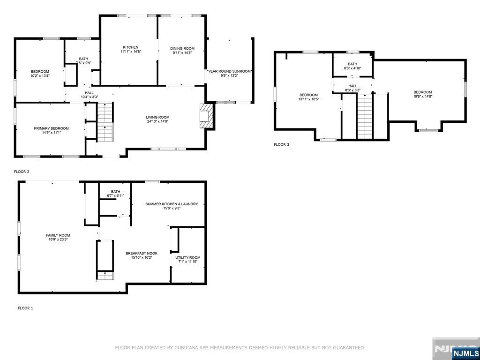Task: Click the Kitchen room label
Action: [130, 47]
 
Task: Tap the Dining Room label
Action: [182, 48]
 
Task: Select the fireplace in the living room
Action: [206, 116]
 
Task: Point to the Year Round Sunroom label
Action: [229, 71]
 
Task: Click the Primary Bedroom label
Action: [51, 128]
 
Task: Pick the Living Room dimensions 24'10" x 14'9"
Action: [157, 121]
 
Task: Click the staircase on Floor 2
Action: [105, 122]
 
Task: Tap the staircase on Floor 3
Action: [365, 117]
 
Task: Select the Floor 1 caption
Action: [25, 308]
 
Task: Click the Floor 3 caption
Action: [281, 144]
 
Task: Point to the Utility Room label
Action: [187, 257]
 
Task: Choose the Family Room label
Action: [58, 235]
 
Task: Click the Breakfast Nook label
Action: [142, 253]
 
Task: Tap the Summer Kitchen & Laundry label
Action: [172, 204]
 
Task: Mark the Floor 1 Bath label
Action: [115, 192]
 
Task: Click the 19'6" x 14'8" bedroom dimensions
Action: [422, 96]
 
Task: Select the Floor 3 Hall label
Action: [352, 86]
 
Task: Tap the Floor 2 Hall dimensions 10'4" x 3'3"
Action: [89, 97]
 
